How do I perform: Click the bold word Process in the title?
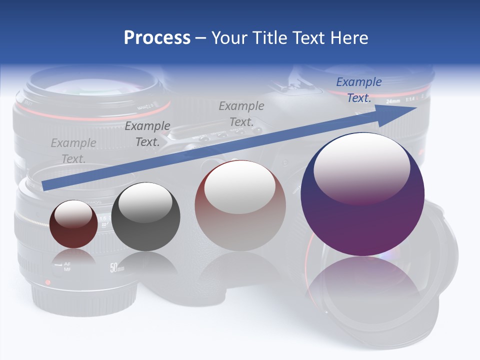point(157,38)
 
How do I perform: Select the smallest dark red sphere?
point(73,224)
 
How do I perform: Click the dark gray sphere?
point(145,217)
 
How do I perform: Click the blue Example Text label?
point(359,90)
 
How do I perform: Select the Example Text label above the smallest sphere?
point(73,151)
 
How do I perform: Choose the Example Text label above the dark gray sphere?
point(147,134)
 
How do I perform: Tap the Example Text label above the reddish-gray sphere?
point(241,113)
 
